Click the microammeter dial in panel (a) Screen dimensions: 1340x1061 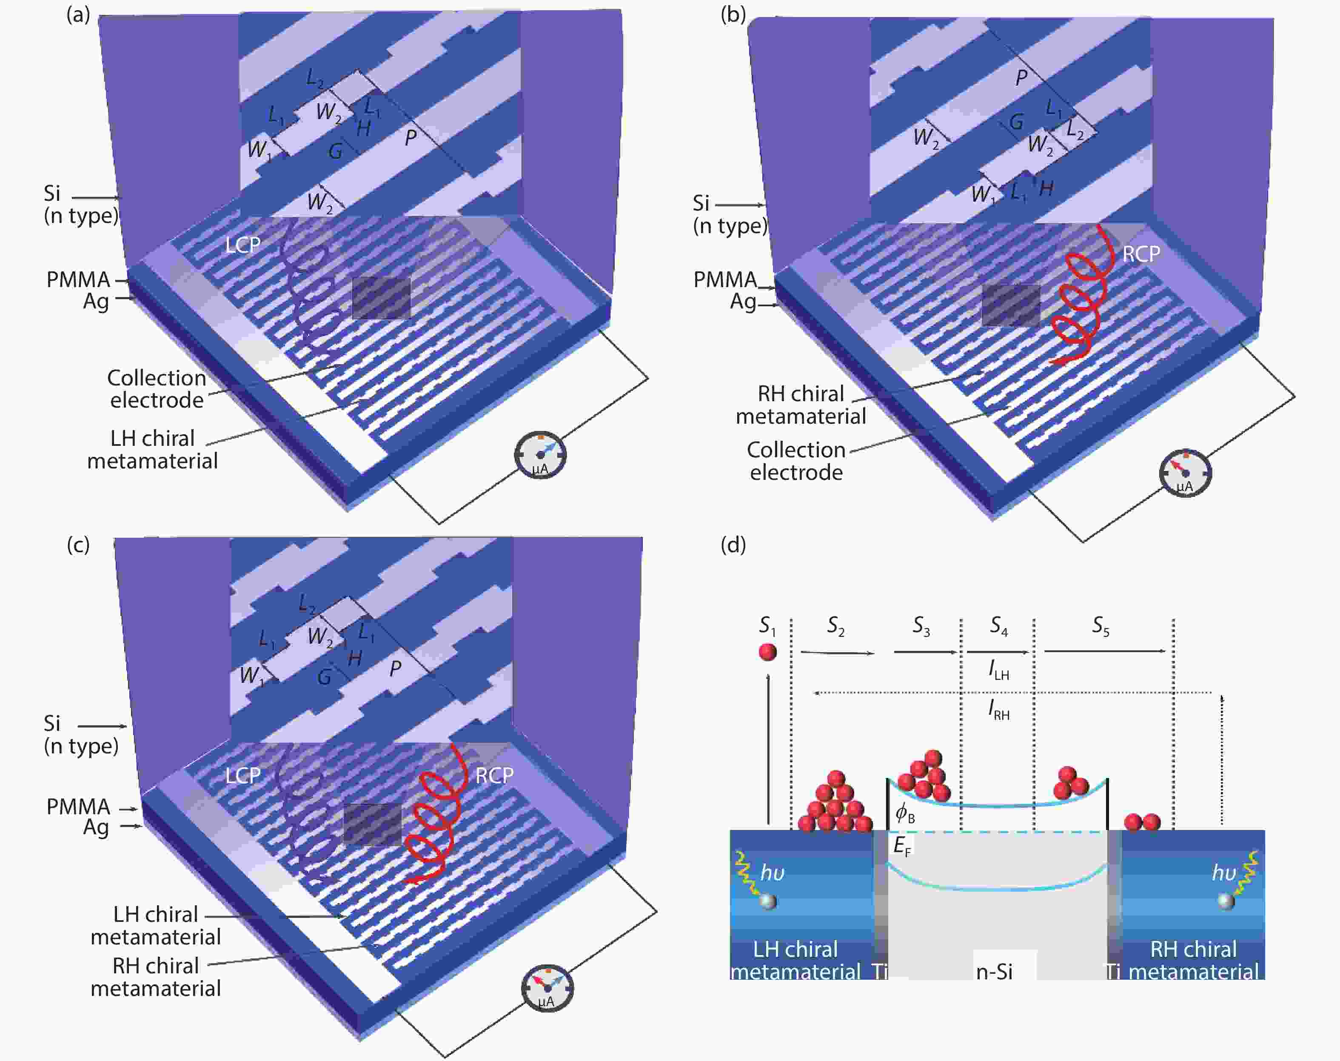540,455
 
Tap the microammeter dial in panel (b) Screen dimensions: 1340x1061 1185,473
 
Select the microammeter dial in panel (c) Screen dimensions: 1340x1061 547,988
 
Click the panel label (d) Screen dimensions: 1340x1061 733,545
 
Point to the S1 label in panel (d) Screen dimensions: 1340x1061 768,625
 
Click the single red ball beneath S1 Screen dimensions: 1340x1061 768,652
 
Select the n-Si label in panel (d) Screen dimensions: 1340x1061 995,972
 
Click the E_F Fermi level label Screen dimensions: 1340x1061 902,846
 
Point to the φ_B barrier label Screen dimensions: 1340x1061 905,813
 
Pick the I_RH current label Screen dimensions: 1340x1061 999,710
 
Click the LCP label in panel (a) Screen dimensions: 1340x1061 243,245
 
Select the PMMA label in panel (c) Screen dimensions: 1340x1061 78,807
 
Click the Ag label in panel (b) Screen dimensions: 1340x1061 743,302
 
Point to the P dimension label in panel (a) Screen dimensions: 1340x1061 411,137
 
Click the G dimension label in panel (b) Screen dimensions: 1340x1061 1016,122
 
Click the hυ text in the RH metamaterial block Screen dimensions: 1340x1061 1224,873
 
